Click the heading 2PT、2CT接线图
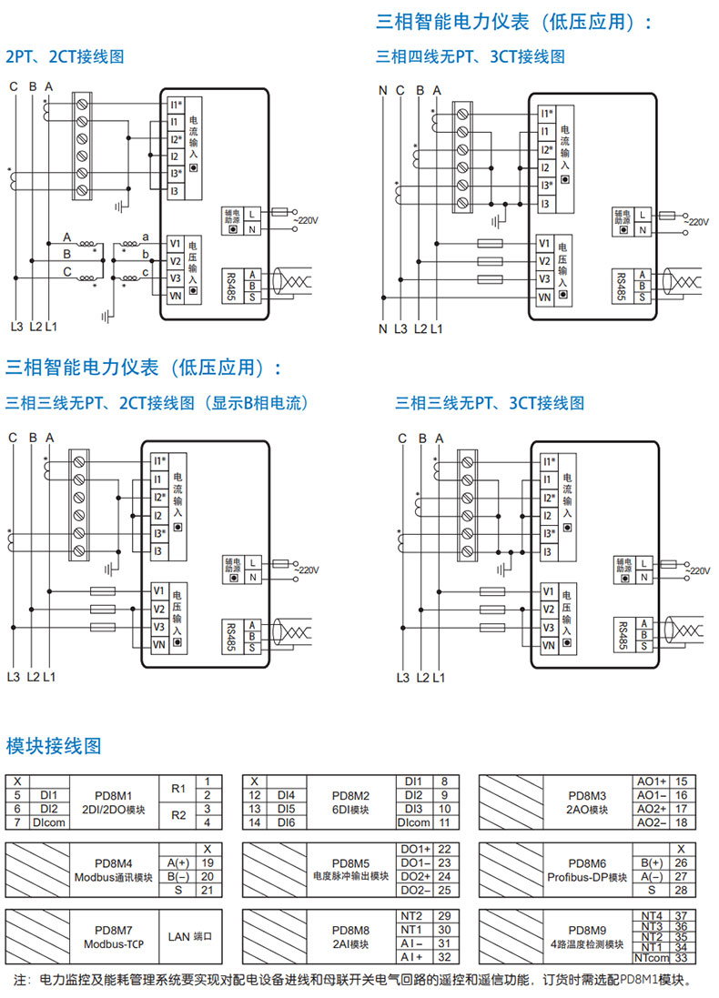coord(65,56)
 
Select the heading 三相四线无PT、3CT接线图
coord(470,56)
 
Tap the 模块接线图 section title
coord(54,747)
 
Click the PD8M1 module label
coord(114,795)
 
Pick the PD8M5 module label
coord(350,862)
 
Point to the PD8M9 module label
coord(587,930)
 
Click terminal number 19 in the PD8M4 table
coord(208,862)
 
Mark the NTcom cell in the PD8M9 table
coord(652,957)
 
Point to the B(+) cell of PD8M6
coord(651,862)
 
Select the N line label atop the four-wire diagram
coord(382,89)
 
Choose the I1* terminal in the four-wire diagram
coord(546,114)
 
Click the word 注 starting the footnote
coord(20,981)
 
